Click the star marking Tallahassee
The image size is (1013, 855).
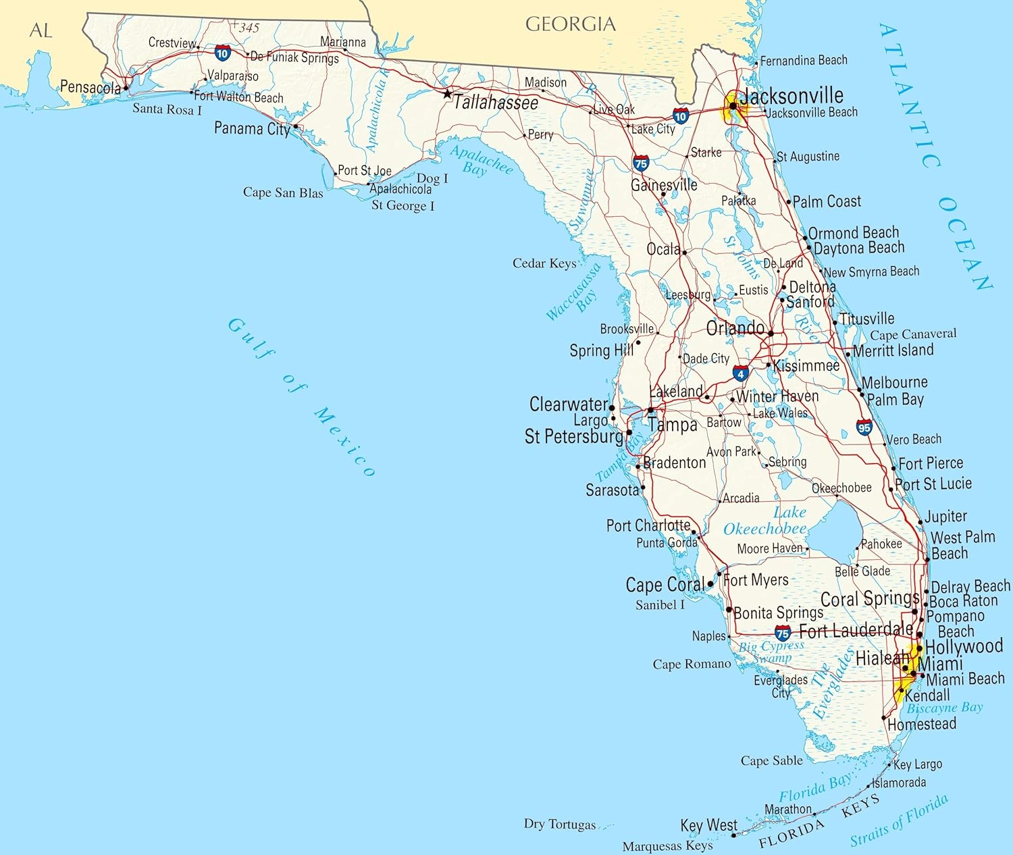[x=446, y=94]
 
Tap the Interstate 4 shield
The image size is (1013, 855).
[x=741, y=373]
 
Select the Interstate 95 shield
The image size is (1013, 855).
[x=864, y=427]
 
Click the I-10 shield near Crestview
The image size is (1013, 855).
[x=222, y=53]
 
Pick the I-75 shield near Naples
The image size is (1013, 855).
[x=783, y=633]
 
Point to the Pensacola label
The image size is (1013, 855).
[x=90, y=86]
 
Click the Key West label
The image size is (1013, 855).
[x=708, y=825]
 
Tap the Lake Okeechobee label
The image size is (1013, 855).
[x=765, y=521]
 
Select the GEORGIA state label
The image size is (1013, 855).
[x=571, y=24]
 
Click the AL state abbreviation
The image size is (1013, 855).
[x=41, y=30]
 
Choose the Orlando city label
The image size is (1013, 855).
[x=735, y=328]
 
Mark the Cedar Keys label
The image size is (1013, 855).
[x=544, y=263]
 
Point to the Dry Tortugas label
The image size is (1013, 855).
[x=560, y=824]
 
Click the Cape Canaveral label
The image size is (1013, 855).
[x=913, y=334]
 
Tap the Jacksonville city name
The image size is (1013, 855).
[x=791, y=95]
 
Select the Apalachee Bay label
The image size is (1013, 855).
[x=481, y=160]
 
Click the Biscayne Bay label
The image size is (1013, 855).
[x=944, y=708]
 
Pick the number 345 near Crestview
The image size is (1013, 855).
[x=249, y=28]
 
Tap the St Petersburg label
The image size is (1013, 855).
[x=573, y=436]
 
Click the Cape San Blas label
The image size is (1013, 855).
[x=283, y=192]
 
